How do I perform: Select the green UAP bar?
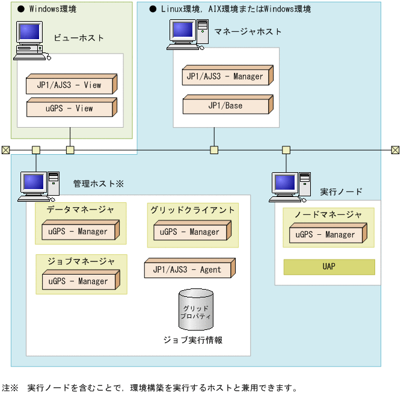(x=329, y=267)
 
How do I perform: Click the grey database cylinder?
(x=196, y=311)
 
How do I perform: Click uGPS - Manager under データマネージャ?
(x=79, y=231)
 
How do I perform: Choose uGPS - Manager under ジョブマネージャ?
(x=79, y=281)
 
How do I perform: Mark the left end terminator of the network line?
(x=5, y=150)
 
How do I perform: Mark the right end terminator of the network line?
(x=395, y=150)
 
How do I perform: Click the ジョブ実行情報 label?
(x=193, y=340)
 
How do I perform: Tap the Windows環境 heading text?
(x=52, y=10)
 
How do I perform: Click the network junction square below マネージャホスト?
(x=213, y=150)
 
